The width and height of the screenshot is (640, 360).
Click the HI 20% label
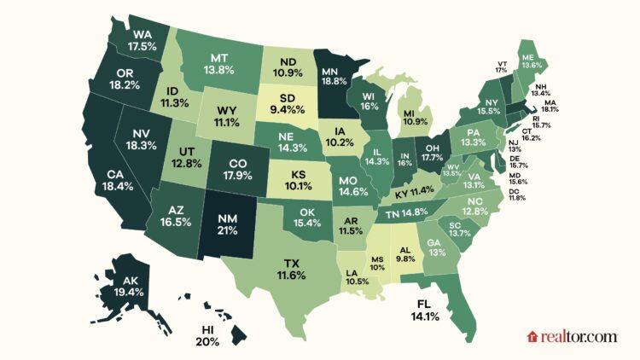point(207,334)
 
